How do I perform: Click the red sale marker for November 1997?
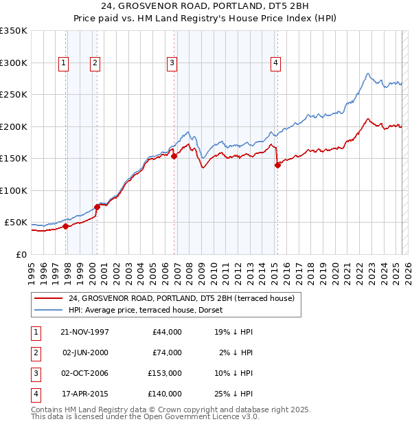point(66,226)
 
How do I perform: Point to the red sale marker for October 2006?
point(174,156)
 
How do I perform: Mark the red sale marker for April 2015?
point(277,164)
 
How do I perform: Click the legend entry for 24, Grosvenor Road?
point(181,298)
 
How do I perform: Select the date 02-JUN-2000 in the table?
point(86,352)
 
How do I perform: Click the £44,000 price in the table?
point(167,332)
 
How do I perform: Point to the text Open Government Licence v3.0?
point(201,416)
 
